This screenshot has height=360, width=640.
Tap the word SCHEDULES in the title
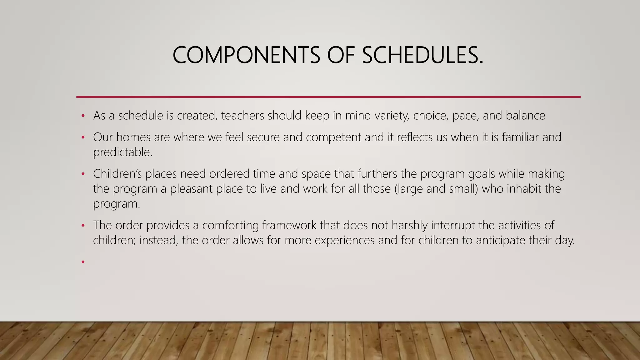(x=422, y=55)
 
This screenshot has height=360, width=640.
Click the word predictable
(x=122, y=152)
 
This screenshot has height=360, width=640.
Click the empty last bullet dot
(x=83, y=262)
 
